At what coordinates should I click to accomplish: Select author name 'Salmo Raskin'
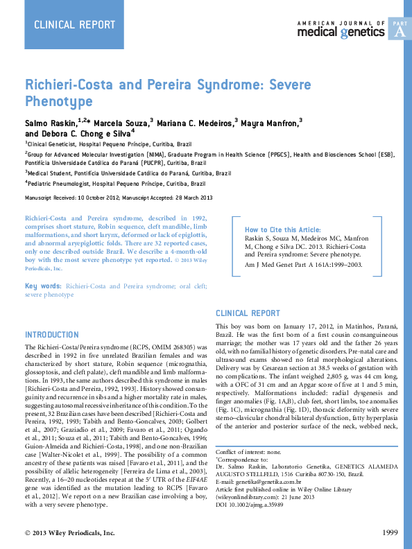[53, 123]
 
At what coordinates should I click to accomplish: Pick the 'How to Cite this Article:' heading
[282, 229]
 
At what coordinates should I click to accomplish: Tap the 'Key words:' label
[43, 286]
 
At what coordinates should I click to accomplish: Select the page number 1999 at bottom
[390, 532]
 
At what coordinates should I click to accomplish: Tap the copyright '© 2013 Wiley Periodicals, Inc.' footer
[70, 532]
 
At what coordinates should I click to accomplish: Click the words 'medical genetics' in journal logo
[341, 32]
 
